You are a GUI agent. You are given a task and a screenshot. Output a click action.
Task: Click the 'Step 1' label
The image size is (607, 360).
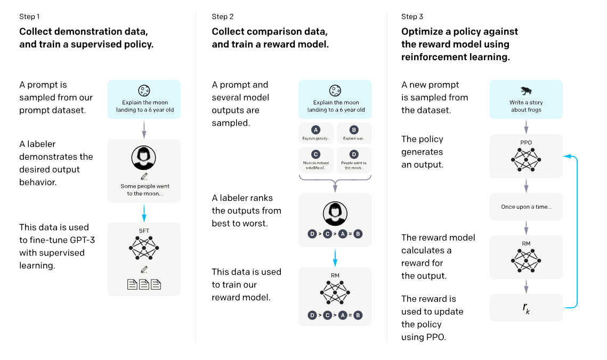[x=29, y=17]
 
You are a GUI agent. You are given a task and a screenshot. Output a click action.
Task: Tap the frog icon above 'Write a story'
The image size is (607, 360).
[x=525, y=91]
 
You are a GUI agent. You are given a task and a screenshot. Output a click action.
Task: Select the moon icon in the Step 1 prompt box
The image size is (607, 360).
[x=143, y=91]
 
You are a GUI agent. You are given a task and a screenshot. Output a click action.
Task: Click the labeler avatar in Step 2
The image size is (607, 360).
[x=335, y=214]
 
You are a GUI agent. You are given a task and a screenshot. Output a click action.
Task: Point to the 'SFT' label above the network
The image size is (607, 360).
[x=144, y=231]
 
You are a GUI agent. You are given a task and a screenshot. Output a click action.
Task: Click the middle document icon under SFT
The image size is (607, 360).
[x=144, y=285]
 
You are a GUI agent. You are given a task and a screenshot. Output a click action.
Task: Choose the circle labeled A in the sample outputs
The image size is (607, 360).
[x=316, y=129]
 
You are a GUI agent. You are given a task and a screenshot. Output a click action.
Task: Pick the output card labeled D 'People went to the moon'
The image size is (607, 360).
[x=354, y=159]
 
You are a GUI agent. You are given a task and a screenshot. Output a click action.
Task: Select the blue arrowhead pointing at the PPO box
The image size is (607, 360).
[x=567, y=156]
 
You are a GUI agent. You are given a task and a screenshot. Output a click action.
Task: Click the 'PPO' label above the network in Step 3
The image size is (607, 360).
[x=526, y=143]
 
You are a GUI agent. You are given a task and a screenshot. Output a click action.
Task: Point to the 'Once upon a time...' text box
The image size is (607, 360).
[x=526, y=207]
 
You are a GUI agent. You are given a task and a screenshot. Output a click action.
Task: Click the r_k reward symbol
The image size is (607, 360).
[x=526, y=308]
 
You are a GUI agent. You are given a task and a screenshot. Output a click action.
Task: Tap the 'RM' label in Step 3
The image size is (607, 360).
[x=526, y=243]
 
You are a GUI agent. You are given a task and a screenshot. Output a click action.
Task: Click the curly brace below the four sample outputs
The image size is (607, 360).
[x=335, y=184]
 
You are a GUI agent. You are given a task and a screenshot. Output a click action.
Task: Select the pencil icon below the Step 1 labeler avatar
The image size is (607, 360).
[x=144, y=176]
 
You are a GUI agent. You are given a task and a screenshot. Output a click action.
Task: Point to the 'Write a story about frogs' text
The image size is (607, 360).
[x=525, y=106]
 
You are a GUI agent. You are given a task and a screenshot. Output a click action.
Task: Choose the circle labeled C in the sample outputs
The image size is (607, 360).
[x=316, y=154]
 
